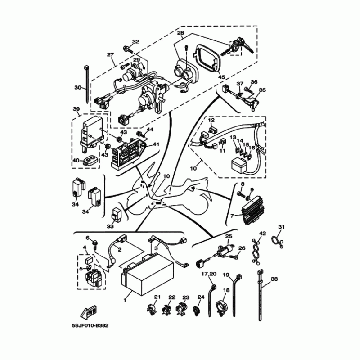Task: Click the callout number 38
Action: pyautogui.click(x=274, y=279)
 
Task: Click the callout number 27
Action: pyautogui.click(x=110, y=55)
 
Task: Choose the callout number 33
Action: pyautogui.click(x=111, y=226)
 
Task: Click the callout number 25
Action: pyautogui.click(x=228, y=237)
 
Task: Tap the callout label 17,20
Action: pyautogui.click(x=209, y=274)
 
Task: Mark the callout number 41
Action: pyautogui.click(x=156, y=144)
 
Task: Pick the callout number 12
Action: pyautogui.click(x=211, y=121)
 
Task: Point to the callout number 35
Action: pyautogui.click(x=262, y=90)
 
